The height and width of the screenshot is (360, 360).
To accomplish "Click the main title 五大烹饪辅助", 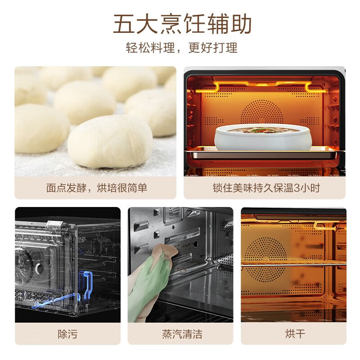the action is pos(182,24).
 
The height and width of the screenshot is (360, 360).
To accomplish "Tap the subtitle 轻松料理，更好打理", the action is pos(182,48).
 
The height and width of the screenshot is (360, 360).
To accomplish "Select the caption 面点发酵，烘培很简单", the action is pos(97,188).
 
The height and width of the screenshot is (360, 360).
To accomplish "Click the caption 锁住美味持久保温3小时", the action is pos(266,188).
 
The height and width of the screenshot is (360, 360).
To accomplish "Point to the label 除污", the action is pos(67,334).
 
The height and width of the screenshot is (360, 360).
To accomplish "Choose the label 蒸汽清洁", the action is pos(182,334).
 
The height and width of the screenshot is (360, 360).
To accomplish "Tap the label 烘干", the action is pos(295,333).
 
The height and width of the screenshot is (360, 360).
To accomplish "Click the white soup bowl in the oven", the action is pos(263,137).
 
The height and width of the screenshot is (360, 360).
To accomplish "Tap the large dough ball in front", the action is pos(110,141).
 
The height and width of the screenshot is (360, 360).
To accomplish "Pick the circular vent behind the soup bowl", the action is pos(262,112).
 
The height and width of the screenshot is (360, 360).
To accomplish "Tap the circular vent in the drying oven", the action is pos(266,260).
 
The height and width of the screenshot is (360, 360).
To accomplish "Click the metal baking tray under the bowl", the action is pos(265,153).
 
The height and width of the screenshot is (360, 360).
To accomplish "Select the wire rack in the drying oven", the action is pos(293,263).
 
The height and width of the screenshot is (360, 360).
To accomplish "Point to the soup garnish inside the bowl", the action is pos(263,130).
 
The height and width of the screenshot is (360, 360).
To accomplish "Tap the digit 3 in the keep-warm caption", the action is pos(297,188).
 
